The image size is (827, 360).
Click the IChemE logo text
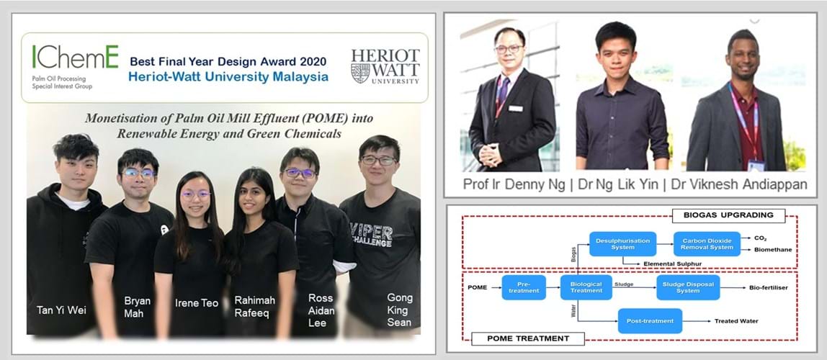pos(76,57)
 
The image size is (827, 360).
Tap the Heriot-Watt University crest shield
pos(360,73)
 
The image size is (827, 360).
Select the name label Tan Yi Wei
pos(62,310)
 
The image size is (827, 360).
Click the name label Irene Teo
pos(197,303)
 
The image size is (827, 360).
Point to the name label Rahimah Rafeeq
pos(255,306)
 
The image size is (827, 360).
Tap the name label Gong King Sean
pos(400,310)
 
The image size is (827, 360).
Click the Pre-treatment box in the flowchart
pos(524,287)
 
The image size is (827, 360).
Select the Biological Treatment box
pos(586,287)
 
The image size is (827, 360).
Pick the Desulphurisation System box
pos(623,244)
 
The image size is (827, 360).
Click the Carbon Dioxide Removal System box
pos(707,244)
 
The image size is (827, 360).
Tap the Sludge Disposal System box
pos(688,287)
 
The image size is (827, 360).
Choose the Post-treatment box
pos(650,321)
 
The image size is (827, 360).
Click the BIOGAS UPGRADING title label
pos(728,215)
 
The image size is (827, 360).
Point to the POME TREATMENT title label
pos(527,338)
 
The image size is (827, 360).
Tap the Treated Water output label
pos(736,321)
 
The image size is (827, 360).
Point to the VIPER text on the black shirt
pos(371,231)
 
